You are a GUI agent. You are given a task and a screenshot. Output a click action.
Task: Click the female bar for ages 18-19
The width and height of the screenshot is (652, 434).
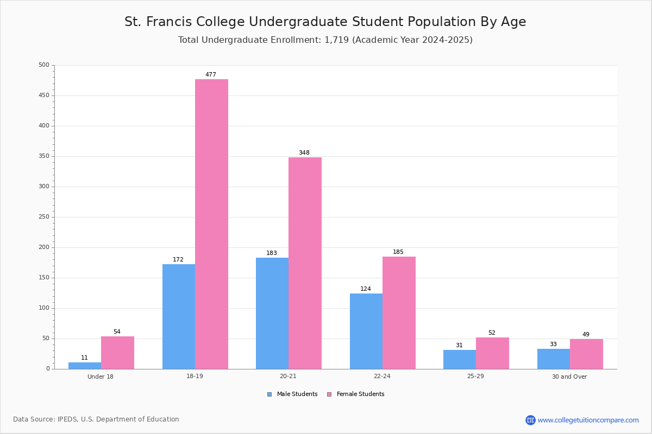pyautogui.click(x=211, y=224)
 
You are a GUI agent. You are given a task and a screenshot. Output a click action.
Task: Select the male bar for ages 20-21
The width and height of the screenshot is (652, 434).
pyautogui.click(x=272, y=314)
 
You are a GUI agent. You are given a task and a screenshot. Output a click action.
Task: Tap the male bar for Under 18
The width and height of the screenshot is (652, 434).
pyautogui.click(x=85, y=366)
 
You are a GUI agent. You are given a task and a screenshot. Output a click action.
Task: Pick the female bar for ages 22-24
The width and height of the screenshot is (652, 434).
pyautogui.click(x=399, y=313)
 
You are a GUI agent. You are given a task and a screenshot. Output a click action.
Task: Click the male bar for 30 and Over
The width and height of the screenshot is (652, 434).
pyautogui.click(x=554, y=359)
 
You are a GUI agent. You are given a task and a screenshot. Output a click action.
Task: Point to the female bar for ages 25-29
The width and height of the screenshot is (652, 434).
pyautogui.click(x=492, y=353)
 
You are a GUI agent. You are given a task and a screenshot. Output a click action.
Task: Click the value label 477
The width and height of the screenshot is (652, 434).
pyautogui.click(x=211, y=74)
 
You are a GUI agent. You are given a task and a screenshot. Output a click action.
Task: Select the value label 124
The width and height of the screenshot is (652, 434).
pyautogui.click(x=366, y=289)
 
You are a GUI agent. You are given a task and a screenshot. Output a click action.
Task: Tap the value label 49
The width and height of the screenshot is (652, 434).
pyautogui.click(x=586, y=334)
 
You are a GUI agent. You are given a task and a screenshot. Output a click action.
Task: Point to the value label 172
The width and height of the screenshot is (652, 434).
pyautogui.click(x=178, y=259)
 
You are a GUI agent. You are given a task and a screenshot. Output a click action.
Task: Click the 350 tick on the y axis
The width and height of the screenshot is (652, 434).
pyautogui.click(x=44, y=156)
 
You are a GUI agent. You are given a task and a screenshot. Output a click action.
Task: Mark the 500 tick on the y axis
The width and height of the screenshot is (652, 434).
pyautogui.click(x=44, y=65)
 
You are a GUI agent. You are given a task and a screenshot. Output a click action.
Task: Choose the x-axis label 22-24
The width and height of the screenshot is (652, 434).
pyautogui.click(x=382, y=376)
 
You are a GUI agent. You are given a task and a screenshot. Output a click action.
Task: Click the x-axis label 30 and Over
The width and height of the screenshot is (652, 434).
pyautogui.click(x=569, y=376)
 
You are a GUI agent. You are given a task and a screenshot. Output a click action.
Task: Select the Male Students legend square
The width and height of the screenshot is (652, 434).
pyautogui.click(x=269, y=394)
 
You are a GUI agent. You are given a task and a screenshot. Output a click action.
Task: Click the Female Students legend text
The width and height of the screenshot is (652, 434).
pyautogui.click(x=360, y=394)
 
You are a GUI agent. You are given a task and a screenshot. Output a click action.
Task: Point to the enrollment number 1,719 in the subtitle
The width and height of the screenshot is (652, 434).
pyautogui.click(x=336, y=40)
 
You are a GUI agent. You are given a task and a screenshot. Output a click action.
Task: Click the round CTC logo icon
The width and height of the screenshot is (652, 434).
pyautogui.click(x=530, y=420)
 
